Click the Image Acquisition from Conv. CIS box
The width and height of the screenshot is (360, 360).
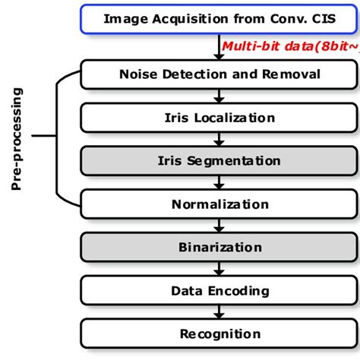tap(219, 21)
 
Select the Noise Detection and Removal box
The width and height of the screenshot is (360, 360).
tap(219, 74)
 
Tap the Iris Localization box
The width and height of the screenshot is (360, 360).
tap(219, 117)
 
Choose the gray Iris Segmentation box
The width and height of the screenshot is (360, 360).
tap(219, 160)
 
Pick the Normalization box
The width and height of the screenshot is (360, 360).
tap(219, 204)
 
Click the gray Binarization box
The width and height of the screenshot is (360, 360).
tap(219, 247)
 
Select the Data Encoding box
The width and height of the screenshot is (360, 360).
tap(219, 290)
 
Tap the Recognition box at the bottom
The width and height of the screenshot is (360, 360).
tap(219, 333)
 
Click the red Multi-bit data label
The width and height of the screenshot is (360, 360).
tap(289, 47)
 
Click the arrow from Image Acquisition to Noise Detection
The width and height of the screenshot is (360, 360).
tap(219, 47)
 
